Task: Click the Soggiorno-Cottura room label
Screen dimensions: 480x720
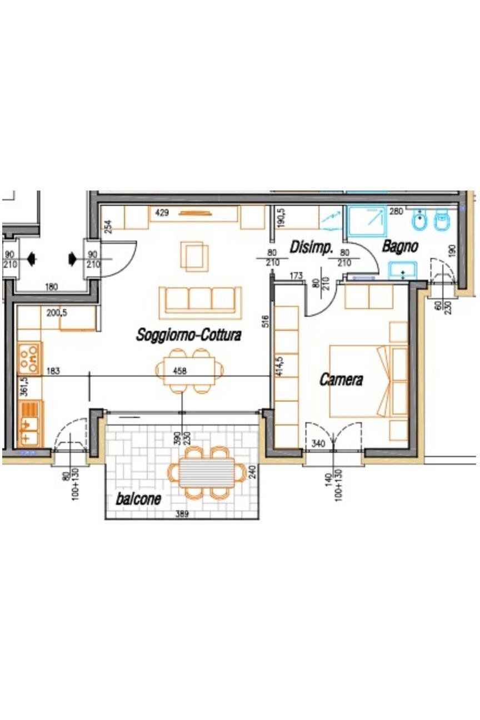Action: [x=188, y=335]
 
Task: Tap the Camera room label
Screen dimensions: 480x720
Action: [x=341, y=379]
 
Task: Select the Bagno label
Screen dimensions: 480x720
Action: [x=400, y=247]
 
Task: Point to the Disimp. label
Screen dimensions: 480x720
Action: [x=311, y=248]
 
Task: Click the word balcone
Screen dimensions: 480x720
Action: [x=138, y=499]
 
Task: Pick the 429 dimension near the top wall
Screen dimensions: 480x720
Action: [x=162, y=213]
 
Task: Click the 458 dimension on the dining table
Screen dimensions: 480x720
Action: [x=179, y=371]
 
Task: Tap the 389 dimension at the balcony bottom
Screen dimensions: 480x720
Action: [x=182, y=514]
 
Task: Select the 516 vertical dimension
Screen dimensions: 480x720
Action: [x=266, y=321]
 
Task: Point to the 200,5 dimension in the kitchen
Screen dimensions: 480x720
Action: [x=57, y=313]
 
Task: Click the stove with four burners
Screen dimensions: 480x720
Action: [x=29, y=358]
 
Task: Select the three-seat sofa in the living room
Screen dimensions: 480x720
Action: [x=201, y=303]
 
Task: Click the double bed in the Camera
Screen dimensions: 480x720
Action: [x=368, y=381]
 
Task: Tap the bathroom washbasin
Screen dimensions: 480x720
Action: [x=403, y=271]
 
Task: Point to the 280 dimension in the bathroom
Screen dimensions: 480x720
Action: [x=396, y=212]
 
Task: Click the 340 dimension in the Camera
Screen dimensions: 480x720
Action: [x=318, y=444]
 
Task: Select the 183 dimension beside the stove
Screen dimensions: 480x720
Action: [x=53, y=371]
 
